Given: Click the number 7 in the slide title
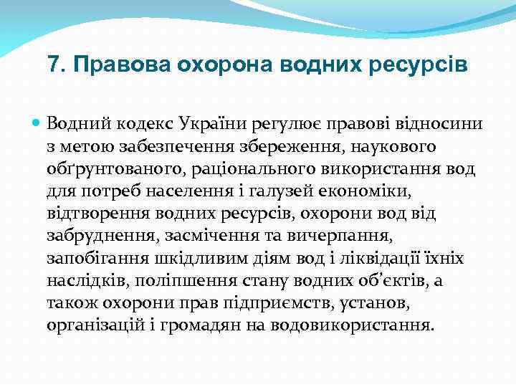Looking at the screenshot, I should [52, 65].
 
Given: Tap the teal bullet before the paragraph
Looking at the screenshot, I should [37, 123].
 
